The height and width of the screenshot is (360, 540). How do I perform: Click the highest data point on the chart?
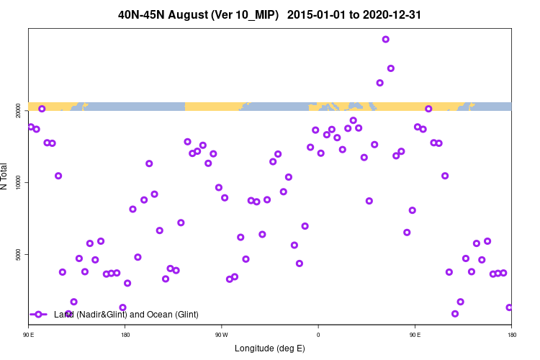tap(385, 40)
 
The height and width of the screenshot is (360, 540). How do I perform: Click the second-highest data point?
tap(391, 68)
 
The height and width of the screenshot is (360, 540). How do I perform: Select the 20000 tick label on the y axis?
tap(17, 110)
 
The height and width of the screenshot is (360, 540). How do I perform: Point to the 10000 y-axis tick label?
tap(17, 182)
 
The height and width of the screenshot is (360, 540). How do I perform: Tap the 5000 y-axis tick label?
tap(17, 254)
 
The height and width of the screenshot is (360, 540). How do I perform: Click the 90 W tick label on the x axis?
tap(221, 335)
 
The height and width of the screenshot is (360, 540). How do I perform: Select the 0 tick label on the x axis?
tap(318, 335)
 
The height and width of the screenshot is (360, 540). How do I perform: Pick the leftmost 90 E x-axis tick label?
tap(29, 335)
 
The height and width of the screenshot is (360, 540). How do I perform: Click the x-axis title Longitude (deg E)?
tap(270, 348)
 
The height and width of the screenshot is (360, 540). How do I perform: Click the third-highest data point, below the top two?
tap(380, 83)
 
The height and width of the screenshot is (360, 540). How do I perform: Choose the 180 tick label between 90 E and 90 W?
tap(125, 335)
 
